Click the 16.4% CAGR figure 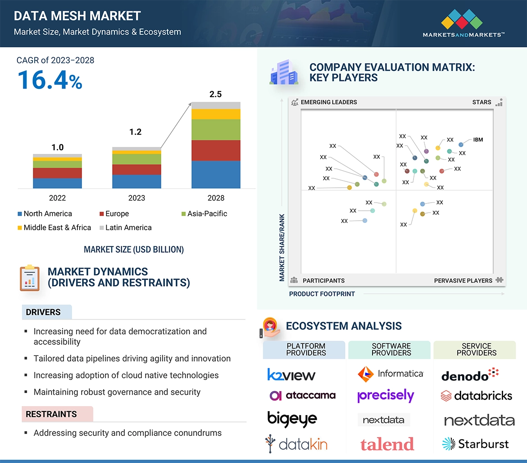tap(50, 80)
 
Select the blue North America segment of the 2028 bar tap(216, 174)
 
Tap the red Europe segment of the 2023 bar tap(136, 169)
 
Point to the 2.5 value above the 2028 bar tap(216, 94)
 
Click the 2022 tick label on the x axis tap(57, 198)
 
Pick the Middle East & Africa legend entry tap(54, 227)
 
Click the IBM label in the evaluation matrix tap(478, 140)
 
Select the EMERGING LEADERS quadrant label tap(328, 102)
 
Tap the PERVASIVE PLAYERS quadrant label tap(463, 281)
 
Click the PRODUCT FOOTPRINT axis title tap(322, 294)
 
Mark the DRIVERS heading tap(43, 312)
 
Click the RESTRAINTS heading tap(51, 414)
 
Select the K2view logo tap(291, 375)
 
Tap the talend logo tap(387, 444)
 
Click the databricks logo tap(476, 396)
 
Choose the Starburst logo tap(475, 444)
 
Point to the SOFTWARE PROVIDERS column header tap(391, 350)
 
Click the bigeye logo tap(292, 419)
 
